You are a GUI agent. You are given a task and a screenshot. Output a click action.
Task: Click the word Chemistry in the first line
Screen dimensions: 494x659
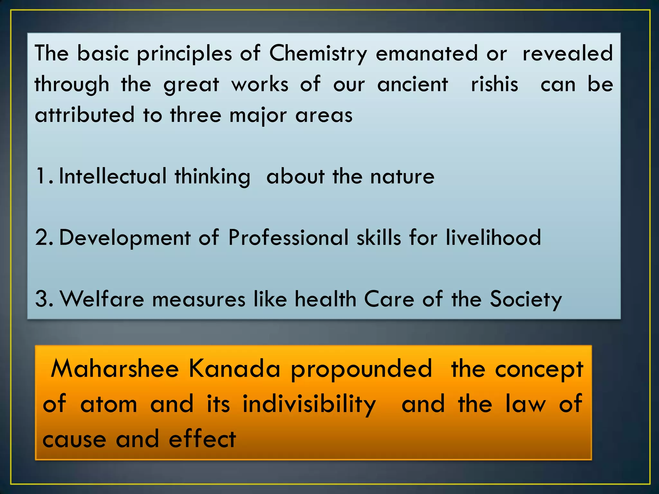tap(318, 54)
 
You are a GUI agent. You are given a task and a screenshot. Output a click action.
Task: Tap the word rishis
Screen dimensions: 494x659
tap(495, 84)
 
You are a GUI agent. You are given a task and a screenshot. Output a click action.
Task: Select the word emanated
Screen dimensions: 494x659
tap(427, 53)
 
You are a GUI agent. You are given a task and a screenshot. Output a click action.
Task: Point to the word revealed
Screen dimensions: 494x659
tap(568, 53)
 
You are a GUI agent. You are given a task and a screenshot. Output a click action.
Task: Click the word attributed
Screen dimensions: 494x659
tap(85, 115)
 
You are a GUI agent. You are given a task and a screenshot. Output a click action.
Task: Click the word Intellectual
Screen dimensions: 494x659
tap(113, 176)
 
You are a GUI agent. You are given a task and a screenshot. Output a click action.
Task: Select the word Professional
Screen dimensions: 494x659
tap(288, 238)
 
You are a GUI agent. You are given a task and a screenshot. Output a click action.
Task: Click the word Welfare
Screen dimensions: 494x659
tap(102, 299)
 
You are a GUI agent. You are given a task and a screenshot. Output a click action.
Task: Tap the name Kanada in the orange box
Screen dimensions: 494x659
tap(234, 369)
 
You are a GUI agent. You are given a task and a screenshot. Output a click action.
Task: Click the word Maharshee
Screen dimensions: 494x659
tap(115, 369)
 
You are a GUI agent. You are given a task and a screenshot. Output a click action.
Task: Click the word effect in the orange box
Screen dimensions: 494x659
tap(202, 439)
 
